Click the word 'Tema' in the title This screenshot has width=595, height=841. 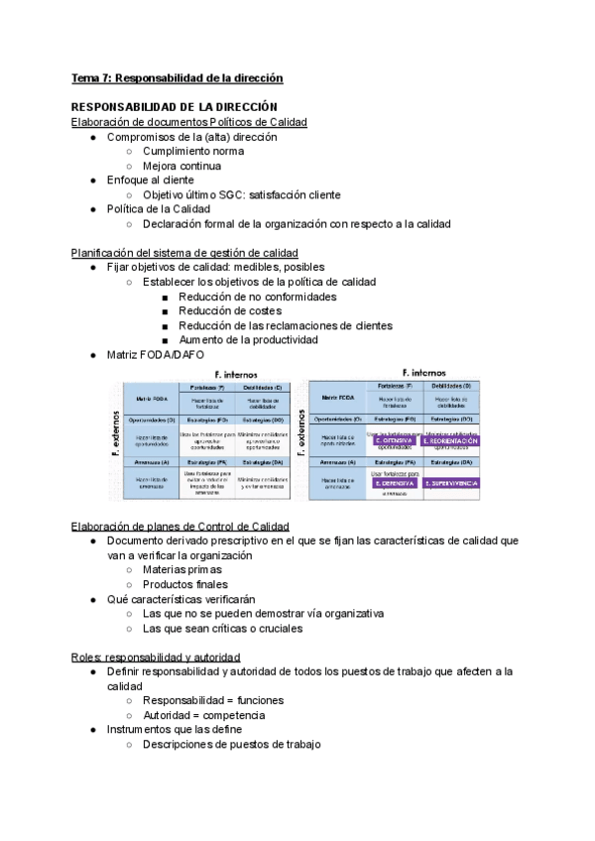86,77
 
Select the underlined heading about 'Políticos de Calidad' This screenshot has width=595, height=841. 189,122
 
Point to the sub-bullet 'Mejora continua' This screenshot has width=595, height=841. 181,167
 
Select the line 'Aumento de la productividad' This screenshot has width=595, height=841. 248,340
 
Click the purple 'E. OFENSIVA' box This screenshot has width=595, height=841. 393,440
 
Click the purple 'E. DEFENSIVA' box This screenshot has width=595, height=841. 393,483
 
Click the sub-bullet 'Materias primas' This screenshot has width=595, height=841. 182,570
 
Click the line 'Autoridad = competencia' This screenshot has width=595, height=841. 203,715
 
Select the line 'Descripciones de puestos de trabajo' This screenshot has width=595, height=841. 231,745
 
